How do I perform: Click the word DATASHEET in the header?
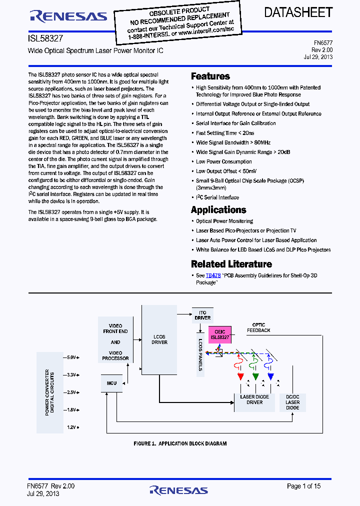tap(298, 13)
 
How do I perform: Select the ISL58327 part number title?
tap(45, 38)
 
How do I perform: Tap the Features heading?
tap(210, 76)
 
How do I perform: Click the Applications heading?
tap(218, 210)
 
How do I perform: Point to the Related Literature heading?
tap(231, 264)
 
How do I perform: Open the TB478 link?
tap(213, 275)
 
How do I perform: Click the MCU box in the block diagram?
tap(111, 383)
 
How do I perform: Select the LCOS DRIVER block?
tap(159, 339)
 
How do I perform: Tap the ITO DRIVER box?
tap(202, 315)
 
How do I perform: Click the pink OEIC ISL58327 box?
tap(219, 334)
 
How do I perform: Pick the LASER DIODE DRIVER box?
tap(254, 399)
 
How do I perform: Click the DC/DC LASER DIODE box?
tap(292, 402)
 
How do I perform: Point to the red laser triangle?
tap(240, 376)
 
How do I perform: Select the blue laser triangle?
tap(270, 376)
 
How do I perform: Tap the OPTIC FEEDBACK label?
tap(258, 327)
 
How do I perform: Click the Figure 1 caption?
tap(180, 443)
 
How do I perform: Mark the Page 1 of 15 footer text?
tap(303, 486)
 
